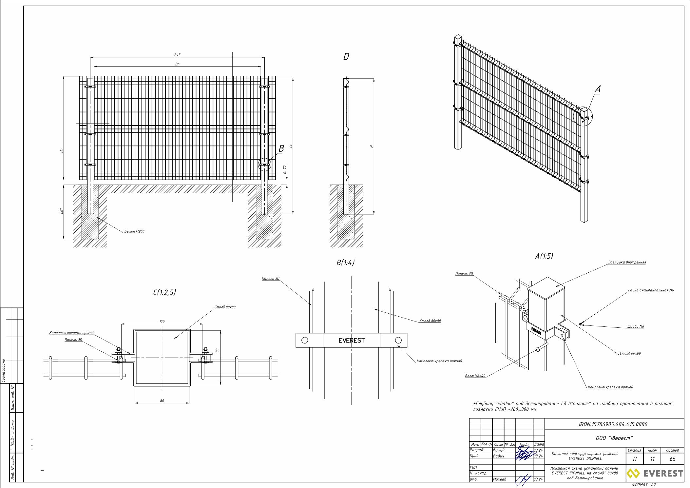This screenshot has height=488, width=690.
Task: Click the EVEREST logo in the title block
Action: point(655,473)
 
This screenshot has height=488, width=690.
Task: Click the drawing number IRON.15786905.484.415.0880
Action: point(613,424)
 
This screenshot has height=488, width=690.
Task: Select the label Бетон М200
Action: point(134,231)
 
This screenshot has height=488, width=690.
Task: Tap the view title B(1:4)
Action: point(345,263)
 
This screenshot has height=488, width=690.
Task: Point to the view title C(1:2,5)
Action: point(164,292)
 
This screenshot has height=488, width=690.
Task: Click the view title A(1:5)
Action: point(544,256)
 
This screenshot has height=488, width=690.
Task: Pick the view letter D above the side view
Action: point(346,57)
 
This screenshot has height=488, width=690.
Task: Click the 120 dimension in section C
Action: point(162,322)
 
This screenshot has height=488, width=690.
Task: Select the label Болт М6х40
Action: point(475,376)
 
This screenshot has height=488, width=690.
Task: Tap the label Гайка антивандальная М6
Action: point(651,290)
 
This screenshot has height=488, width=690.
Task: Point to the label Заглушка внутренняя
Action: point(627,262)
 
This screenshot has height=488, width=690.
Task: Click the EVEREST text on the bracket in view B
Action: point(352,341)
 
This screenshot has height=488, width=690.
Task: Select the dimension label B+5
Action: point(177,55)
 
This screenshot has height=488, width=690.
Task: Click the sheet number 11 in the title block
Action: point(652,459)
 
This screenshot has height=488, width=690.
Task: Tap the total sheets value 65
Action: point(672,459)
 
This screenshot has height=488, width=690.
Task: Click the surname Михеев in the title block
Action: point(500,479)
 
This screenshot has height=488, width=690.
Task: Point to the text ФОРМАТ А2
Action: point(644,485)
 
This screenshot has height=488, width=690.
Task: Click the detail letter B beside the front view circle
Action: point(281,149)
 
